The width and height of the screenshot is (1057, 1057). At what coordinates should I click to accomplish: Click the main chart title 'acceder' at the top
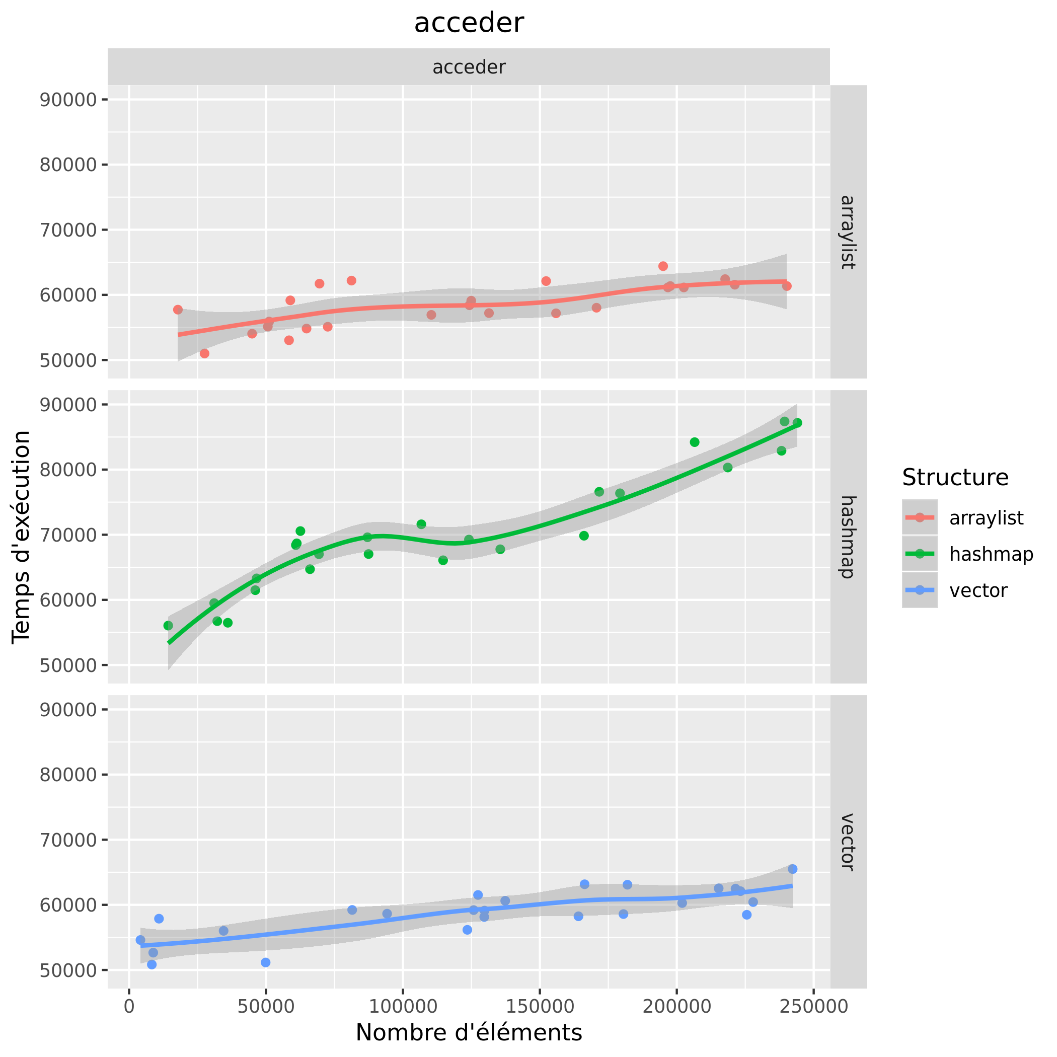point(469,24)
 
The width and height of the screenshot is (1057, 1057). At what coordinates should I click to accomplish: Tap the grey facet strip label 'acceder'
point(469,67)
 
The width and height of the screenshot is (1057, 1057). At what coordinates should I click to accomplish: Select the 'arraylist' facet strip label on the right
point(848,232)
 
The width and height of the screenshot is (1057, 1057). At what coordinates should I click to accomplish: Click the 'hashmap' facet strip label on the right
point(848,537)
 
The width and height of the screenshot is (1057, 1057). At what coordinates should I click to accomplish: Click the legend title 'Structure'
point(955,478)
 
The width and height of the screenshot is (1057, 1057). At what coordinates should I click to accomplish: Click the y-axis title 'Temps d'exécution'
point(22,537)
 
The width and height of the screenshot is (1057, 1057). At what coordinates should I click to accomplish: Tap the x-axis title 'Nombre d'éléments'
point(469,1032)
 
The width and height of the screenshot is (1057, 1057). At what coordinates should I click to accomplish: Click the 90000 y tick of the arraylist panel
point(68,100)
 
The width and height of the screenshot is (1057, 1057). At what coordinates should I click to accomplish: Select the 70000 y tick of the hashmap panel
point(68,535)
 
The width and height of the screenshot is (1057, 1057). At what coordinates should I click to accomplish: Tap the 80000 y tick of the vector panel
point(68,775)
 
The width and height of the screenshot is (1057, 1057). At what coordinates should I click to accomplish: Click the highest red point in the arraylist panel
point(663,266)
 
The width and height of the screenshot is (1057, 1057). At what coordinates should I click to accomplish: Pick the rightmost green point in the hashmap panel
point(797,423)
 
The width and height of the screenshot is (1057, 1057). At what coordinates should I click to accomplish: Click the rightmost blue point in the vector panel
point(792,869)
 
